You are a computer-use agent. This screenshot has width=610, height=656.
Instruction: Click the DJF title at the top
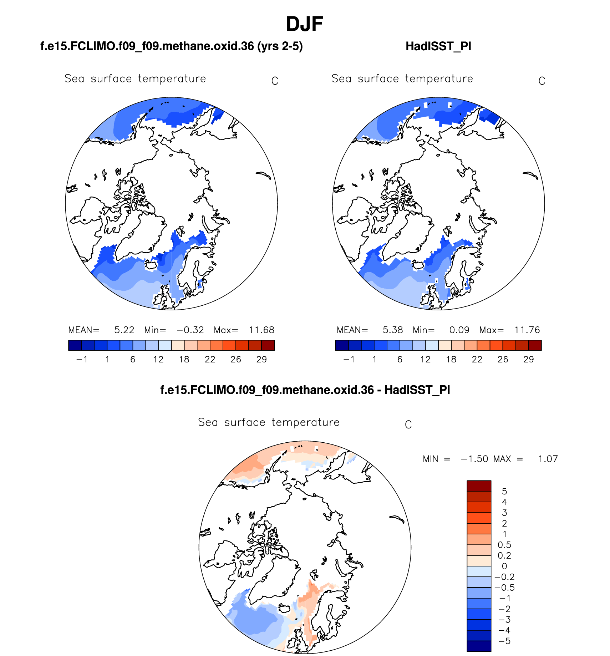[x=304, y=24]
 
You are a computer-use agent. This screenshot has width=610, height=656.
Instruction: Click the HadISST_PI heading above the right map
[x=438, y=46]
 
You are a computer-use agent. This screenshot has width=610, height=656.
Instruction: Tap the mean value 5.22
[x=124, y=330]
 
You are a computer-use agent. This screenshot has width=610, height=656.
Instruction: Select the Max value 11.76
[x=527, y=330]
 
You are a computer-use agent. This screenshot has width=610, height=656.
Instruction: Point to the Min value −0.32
[x=190, y=330]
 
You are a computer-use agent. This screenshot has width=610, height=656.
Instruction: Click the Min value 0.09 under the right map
[x=459, y=330]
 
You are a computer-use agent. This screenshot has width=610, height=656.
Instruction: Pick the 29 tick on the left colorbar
[x=261, y=359]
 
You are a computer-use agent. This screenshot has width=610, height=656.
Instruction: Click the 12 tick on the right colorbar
[x=425, y=359]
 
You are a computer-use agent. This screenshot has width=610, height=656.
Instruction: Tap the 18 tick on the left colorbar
[x=184, y=359]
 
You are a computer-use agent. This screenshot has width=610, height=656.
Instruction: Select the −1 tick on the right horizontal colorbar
[x=349, y=359]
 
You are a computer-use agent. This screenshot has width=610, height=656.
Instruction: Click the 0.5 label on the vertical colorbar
[x=504, y=545]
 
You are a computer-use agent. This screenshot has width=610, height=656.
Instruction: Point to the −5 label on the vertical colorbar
[x=504, y=641]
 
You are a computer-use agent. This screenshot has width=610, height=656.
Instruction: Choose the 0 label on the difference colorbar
[x=504, y=566]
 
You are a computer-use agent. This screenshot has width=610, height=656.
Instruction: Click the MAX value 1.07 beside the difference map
[x=548, y=459]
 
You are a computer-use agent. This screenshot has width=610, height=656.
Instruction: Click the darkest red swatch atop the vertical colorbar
[x=479, y=486]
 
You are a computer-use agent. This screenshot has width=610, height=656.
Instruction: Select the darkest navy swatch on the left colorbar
[x=75, y=345]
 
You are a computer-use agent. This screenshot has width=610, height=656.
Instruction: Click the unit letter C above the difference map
[x=408, y=424]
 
